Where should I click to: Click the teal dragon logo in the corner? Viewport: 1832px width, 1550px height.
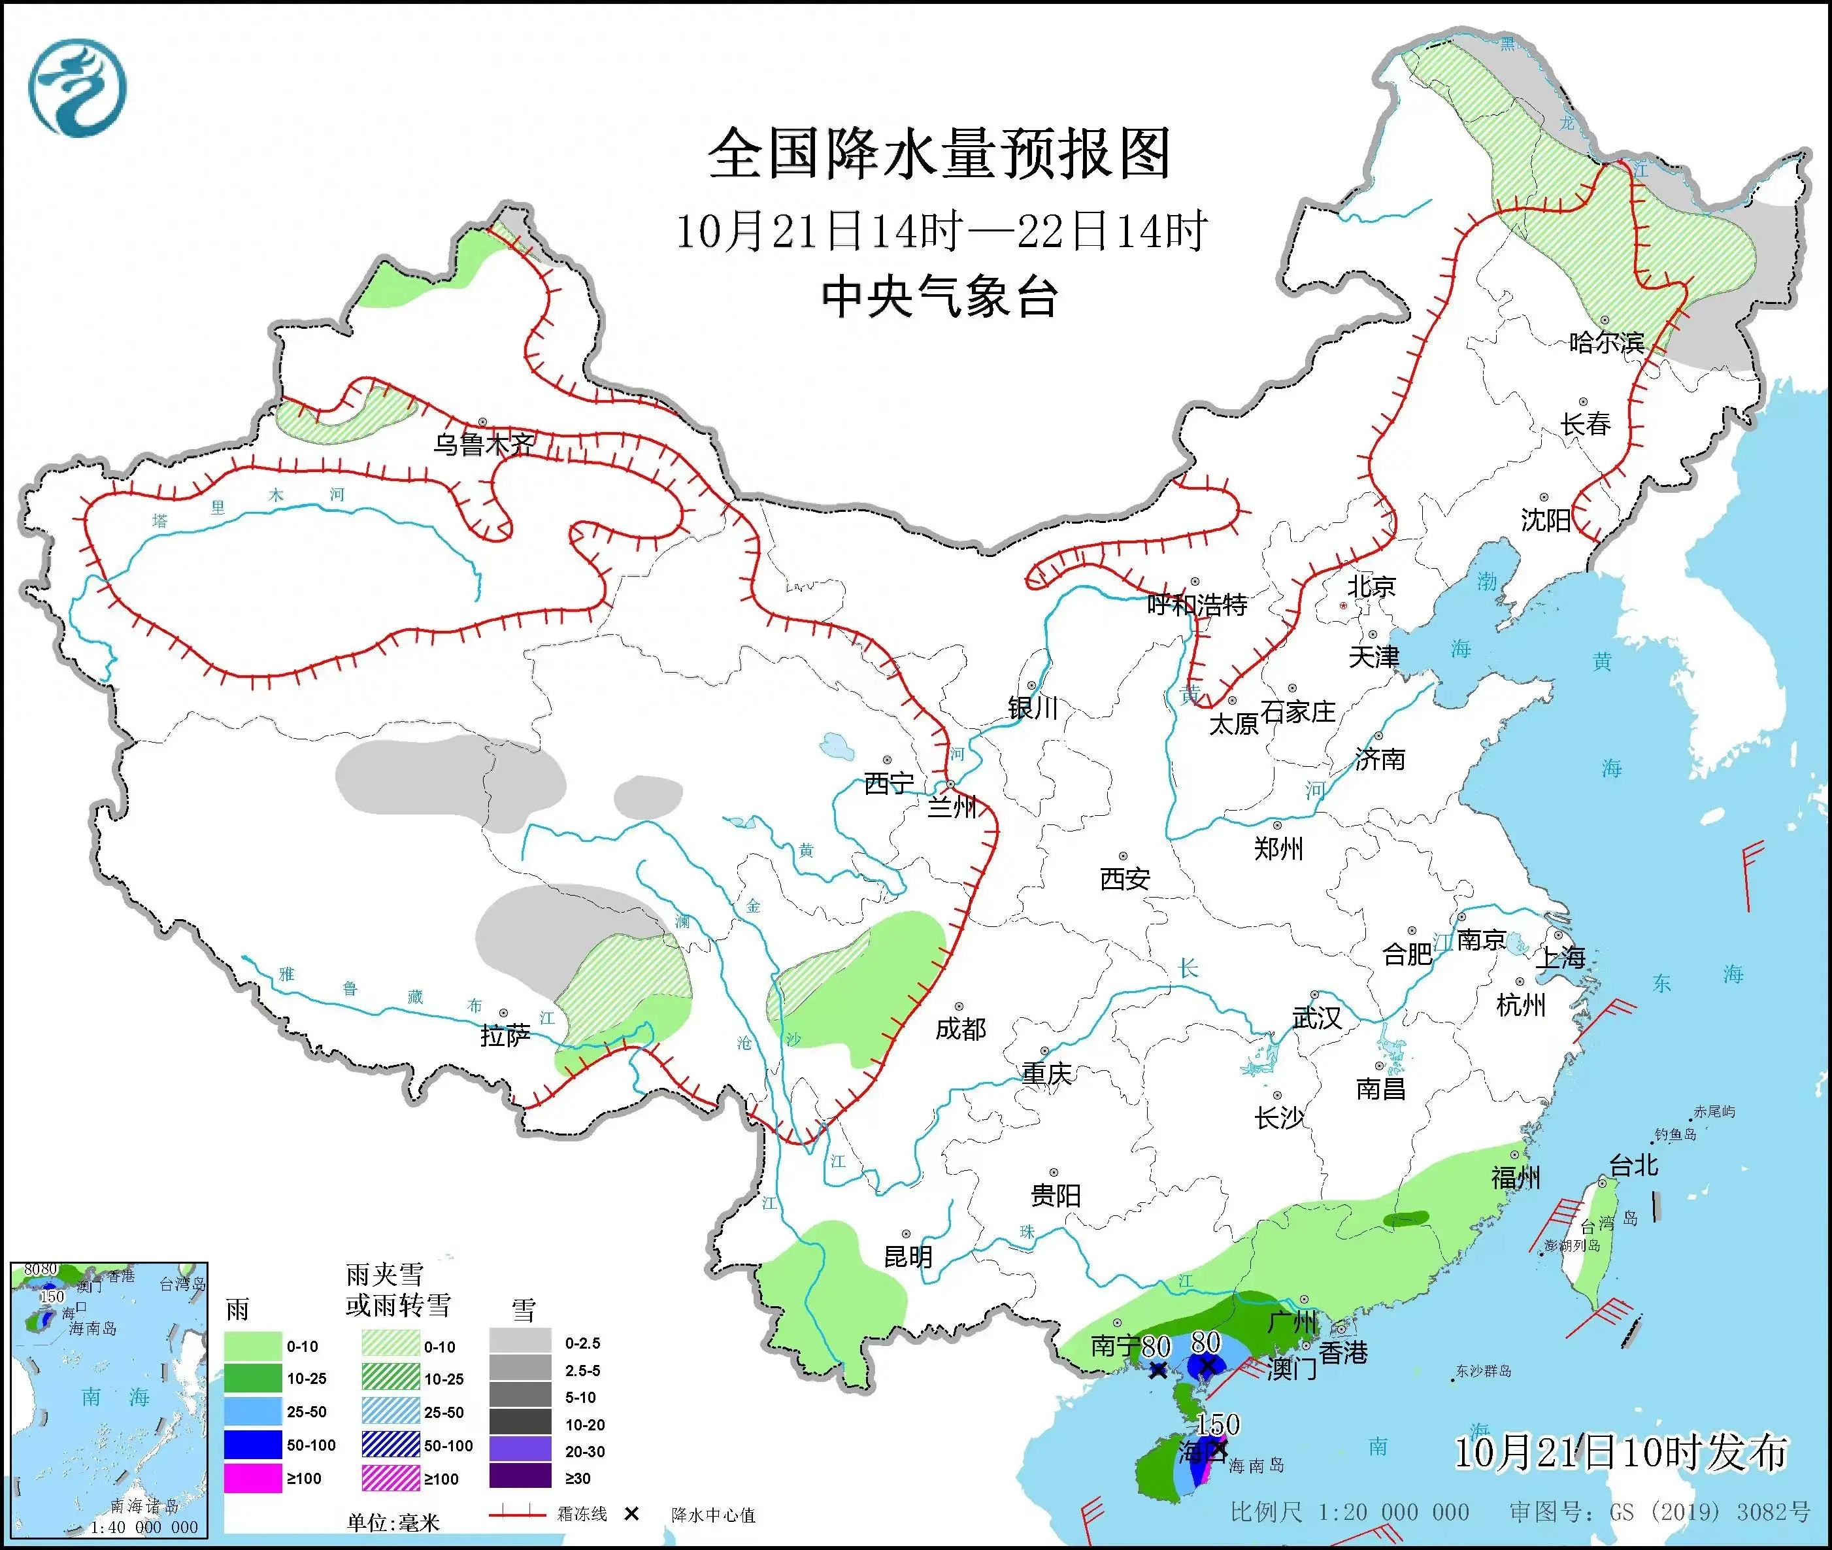click(x=77, y=88)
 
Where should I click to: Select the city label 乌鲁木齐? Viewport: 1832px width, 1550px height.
click(x=483, y=445)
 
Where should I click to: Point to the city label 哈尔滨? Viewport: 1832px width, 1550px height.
click(x=1606, y=343)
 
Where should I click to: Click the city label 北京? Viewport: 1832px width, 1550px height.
click(x=1371, y=586)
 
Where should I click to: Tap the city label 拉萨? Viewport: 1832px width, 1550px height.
click(x=505, y=1036)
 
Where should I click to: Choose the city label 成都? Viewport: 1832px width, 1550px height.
click(x=959, y=1028)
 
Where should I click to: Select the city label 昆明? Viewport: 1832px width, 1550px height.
click(x=908, y=1257)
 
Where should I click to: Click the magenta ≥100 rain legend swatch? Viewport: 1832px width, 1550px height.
click(x=252, y=1478)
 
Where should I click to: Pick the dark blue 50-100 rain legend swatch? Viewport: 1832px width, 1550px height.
click(x=252, y=1445)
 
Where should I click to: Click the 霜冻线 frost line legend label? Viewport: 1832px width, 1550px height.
click(x=582, y=1514)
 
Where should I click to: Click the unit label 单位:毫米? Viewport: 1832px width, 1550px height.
click(x=393, y=1523)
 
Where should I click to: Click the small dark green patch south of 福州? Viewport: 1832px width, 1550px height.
click(x=1406, y=1219)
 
